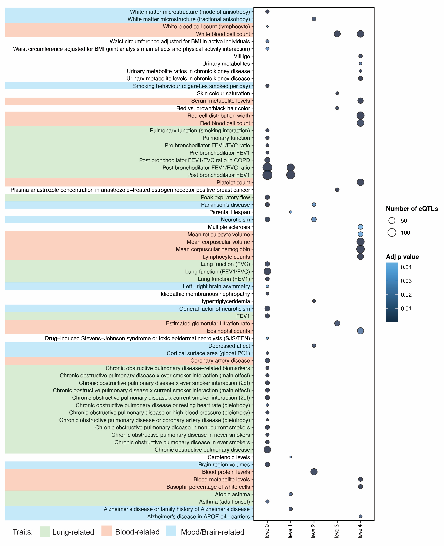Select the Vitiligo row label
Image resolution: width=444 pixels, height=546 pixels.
[x=242, y=56]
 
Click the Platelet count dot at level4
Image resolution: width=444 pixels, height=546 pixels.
[x=360, y=182]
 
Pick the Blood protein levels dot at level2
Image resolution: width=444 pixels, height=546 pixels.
[x=314, y=472]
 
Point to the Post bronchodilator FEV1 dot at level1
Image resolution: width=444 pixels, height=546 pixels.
[x=291, y=175]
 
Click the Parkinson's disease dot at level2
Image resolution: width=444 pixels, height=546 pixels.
[x=314, y=205]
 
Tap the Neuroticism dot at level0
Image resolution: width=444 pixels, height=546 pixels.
[x=267, y=219]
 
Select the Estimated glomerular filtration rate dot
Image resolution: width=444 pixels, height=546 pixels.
[x=337, y=323]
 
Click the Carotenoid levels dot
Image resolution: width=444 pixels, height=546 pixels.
[x=291, y=457]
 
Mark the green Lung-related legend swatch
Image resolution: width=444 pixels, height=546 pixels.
[x=45, y=532]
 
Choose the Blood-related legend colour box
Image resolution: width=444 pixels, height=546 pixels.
[x=107, y=532]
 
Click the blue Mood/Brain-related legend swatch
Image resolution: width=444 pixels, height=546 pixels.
[x=171, y=532]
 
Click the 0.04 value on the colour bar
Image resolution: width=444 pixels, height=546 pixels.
[x=406, y=267]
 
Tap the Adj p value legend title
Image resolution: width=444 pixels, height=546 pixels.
[x=402, y=257]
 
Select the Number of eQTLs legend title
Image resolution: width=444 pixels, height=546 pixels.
[x=412, y=209]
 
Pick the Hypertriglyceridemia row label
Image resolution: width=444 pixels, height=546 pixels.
[x=225, y=301]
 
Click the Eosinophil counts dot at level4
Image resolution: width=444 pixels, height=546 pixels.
[x=360, y=331]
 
